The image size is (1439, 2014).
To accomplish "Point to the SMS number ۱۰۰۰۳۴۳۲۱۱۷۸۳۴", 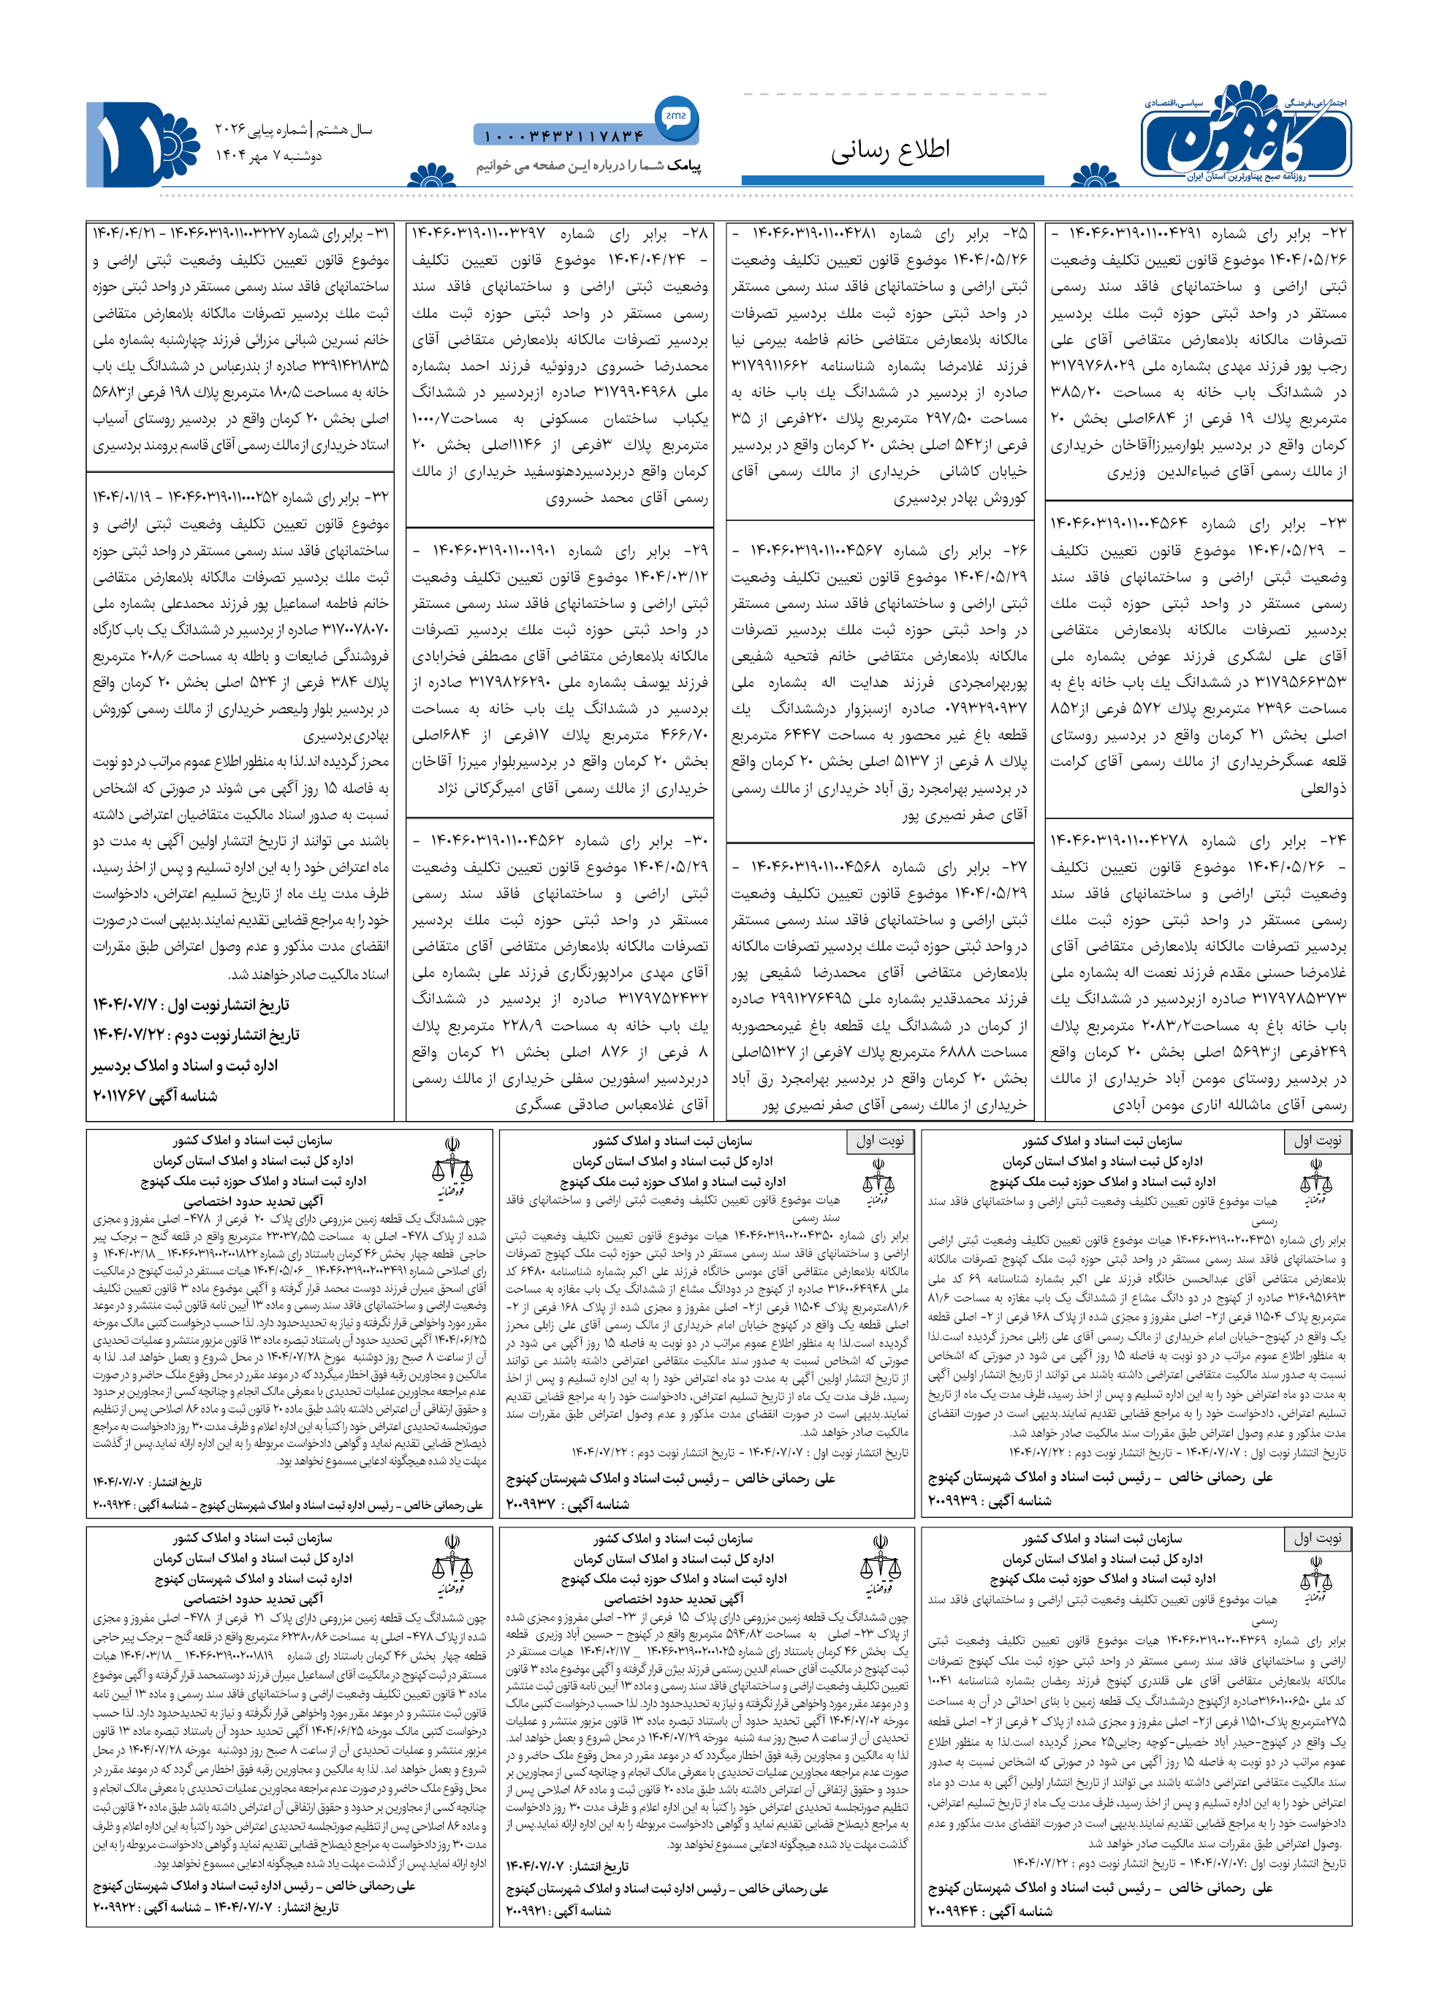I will coord(563,137).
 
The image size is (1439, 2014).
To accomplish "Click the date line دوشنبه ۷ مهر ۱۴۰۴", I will coord(268,156).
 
